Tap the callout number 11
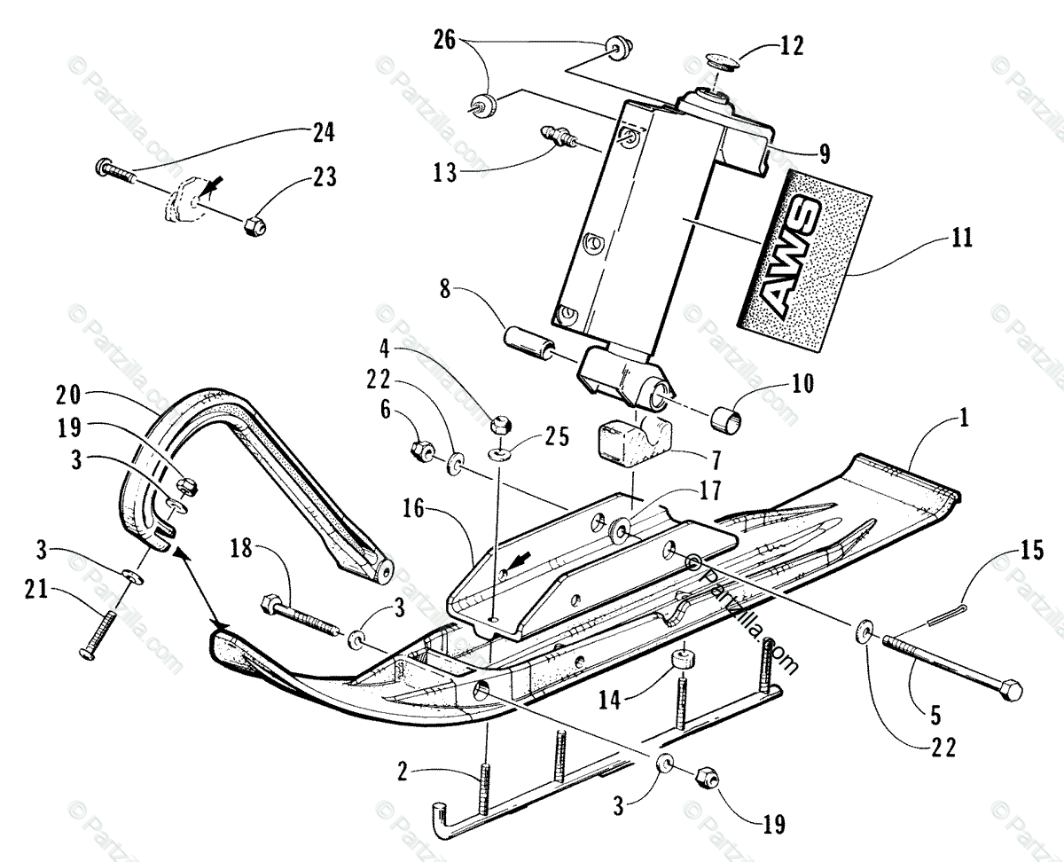[962, 237]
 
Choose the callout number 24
[322, 134]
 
